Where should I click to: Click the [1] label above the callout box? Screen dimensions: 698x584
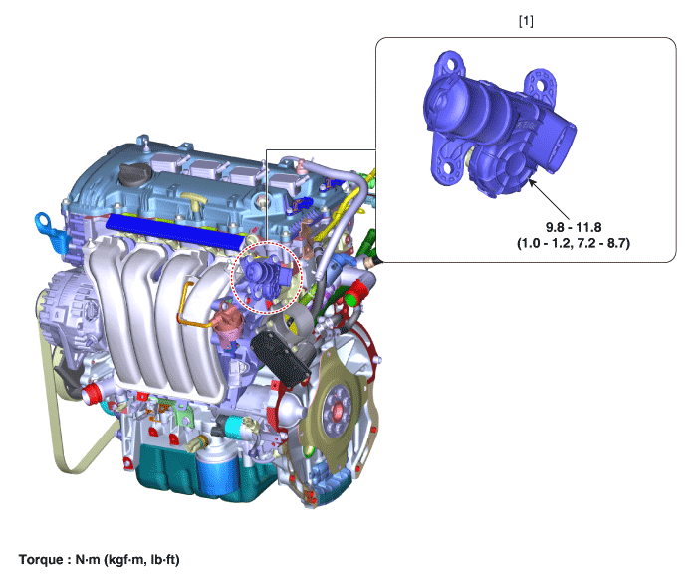(526, 21)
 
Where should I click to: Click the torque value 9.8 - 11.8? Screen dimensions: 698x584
(574, 227)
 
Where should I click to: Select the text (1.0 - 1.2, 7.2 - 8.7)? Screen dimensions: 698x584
(574, 243)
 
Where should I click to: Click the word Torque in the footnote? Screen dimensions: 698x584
(41, 559)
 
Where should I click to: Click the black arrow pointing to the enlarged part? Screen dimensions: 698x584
(548, 197)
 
